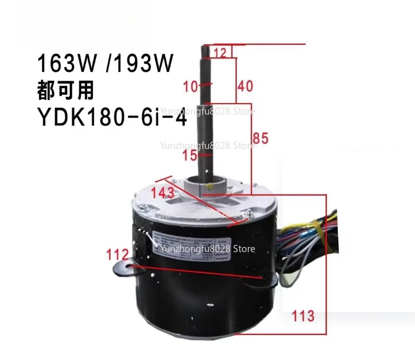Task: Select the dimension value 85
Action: pyautogui.click(x=260, y=138)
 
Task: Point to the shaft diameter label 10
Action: pyautogui.click(x=191, y=85)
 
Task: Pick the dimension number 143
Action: pyautogui.click(x=163, y=192)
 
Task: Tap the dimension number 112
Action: pyautogui.click(x=118, y=255)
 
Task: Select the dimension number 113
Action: pyautogui.click(x=303, y=316)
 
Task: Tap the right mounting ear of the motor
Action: pyautogui.click(x=269, y=282)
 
